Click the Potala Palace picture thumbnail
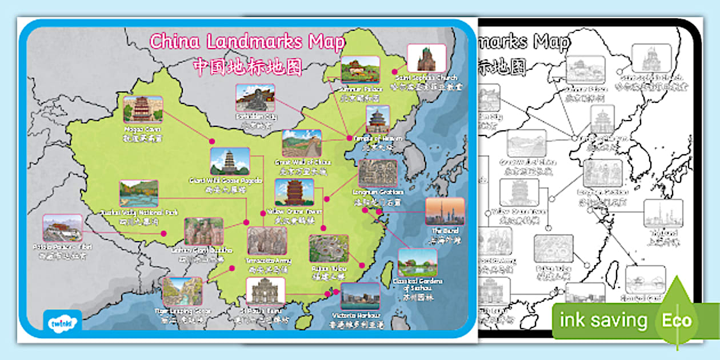(x=62, y=228)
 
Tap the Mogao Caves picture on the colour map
(x=143, y=109)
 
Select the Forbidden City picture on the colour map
(x=255, y=98)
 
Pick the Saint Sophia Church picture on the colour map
(x=426, y=58)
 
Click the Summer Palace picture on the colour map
(x=361, y=69)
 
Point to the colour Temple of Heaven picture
(x=378, y=119)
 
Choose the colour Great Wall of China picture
(x=302, y=143)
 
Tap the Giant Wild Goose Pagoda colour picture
(x=230, y=162)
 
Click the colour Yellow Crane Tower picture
(x=294, y=193)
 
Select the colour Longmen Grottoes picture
(x=378, y=173)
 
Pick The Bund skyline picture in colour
(x=445, y=211)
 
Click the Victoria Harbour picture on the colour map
(x=360, y=297)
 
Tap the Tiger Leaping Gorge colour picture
(x=182, y=291)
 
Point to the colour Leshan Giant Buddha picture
(x=203, y=231)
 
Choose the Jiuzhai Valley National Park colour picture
(x=139, y=194)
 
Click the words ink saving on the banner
(x=603, y=321)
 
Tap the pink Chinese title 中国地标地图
(x=247, y=67)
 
